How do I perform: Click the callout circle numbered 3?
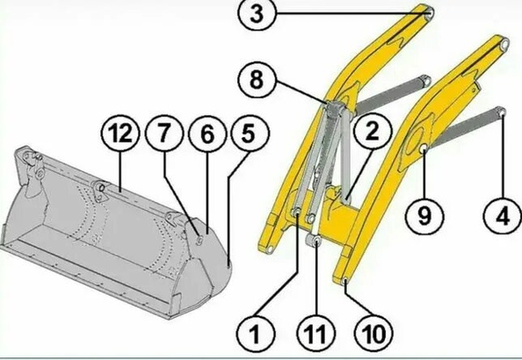click(x=257, y=14)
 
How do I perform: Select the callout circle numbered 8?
click(x=257, y=80)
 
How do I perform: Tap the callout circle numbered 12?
click(x=120, y=133)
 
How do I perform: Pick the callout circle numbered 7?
click(x=164, y=133)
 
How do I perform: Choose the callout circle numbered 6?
click(x=207, y=133)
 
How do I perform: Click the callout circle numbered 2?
click(x=373, y=131)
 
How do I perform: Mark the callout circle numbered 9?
click(x=424, y=216)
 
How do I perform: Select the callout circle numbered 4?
click(x=503, y=216)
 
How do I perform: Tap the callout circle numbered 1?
click(x=256, y=333)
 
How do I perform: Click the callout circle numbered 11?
click(x=316, y=333)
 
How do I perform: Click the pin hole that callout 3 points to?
click(x=430, y=12)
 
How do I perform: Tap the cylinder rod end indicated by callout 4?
click(x=502, y=112)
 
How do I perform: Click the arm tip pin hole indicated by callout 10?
click(x=344, y=282)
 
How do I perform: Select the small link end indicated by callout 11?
click(x=315, y=241)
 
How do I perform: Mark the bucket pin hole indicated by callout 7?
click(x=199, y=241)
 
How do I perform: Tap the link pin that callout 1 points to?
click(x=296, y=212)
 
